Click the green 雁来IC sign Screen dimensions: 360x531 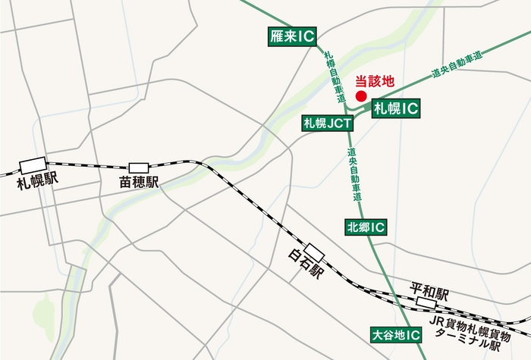coord(292,36)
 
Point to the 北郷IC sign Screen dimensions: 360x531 coord(366,227)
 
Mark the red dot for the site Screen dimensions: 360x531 coord(361,97)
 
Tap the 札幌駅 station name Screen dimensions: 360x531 coord(36,181)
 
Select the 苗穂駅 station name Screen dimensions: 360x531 coord(138,183)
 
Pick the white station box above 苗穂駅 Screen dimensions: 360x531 coord(139,167)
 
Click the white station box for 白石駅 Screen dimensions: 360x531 coord(314,250)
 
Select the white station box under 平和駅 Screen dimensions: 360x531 coord(427,303)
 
